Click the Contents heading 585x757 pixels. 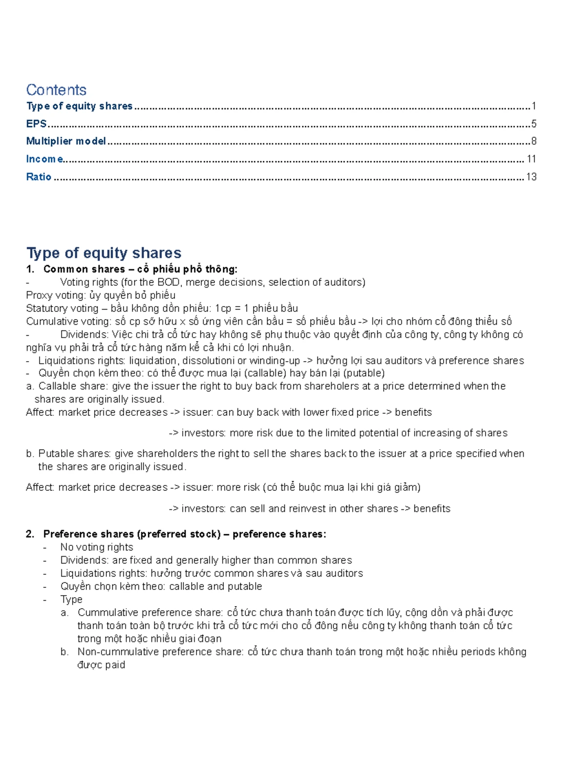pos(56,90)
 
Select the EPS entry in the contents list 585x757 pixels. pos(36,124)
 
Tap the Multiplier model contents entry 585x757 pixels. pos(66,141)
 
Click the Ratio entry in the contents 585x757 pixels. pos(39,177)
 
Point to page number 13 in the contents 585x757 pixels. pos(531,177)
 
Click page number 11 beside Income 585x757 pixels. pos(531,159)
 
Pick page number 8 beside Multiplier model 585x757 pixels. pos(534,141)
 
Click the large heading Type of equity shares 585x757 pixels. pos(103,252)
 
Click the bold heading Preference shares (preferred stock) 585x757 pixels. pos(132,534)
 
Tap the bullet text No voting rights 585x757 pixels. pos(97,547)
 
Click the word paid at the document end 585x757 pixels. pos(115,665)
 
